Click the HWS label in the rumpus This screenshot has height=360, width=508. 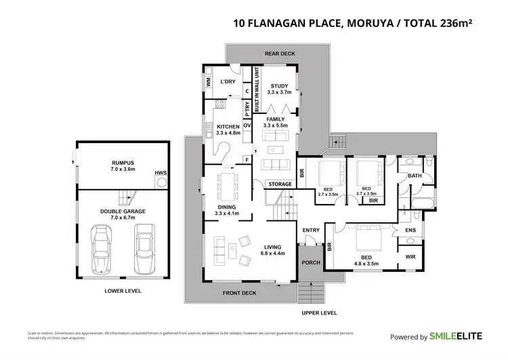click(161, 173)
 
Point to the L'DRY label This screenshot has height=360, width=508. click(227, 81)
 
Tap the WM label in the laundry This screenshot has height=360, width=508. click(208, 82)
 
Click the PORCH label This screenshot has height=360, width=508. click(310, 263)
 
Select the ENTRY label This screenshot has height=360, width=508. click(311, 231)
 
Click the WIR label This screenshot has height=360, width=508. click(410, 257)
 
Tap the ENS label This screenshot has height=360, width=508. click(410, 231)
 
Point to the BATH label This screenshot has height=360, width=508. click(414, 176)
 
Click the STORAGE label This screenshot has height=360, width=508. click(280, 184)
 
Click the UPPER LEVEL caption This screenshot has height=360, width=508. click(318, 313)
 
